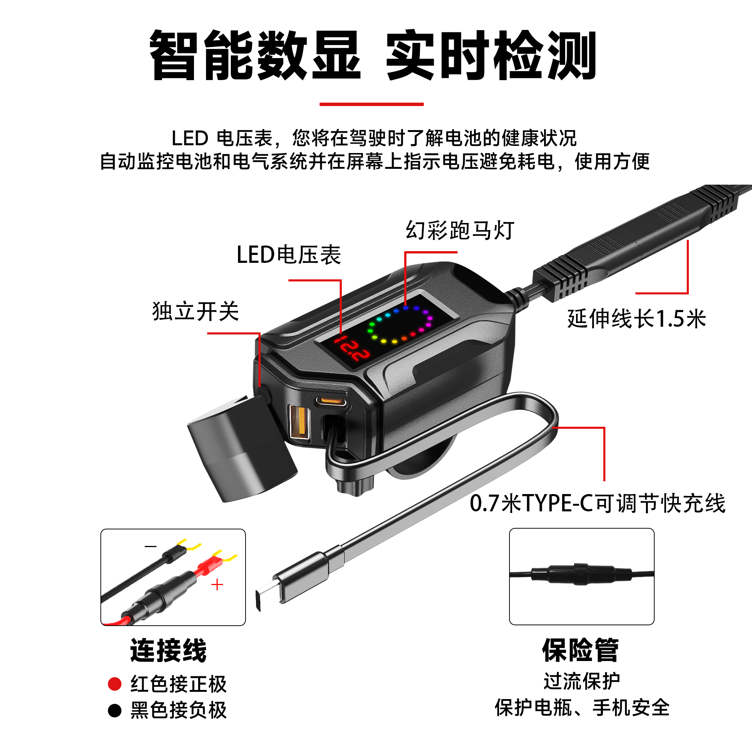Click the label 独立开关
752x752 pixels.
coord(196,311)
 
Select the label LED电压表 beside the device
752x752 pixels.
coord(289,255)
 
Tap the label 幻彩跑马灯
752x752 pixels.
coord(460,230)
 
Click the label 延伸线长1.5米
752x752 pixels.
coord(637,318)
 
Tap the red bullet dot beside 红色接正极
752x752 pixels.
coord(115,684)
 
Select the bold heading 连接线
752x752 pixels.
coord(168,650)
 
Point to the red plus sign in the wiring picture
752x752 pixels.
coord(217,585)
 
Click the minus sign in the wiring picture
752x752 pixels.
coord(151,546)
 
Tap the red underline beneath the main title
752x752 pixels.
coord(371,104)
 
